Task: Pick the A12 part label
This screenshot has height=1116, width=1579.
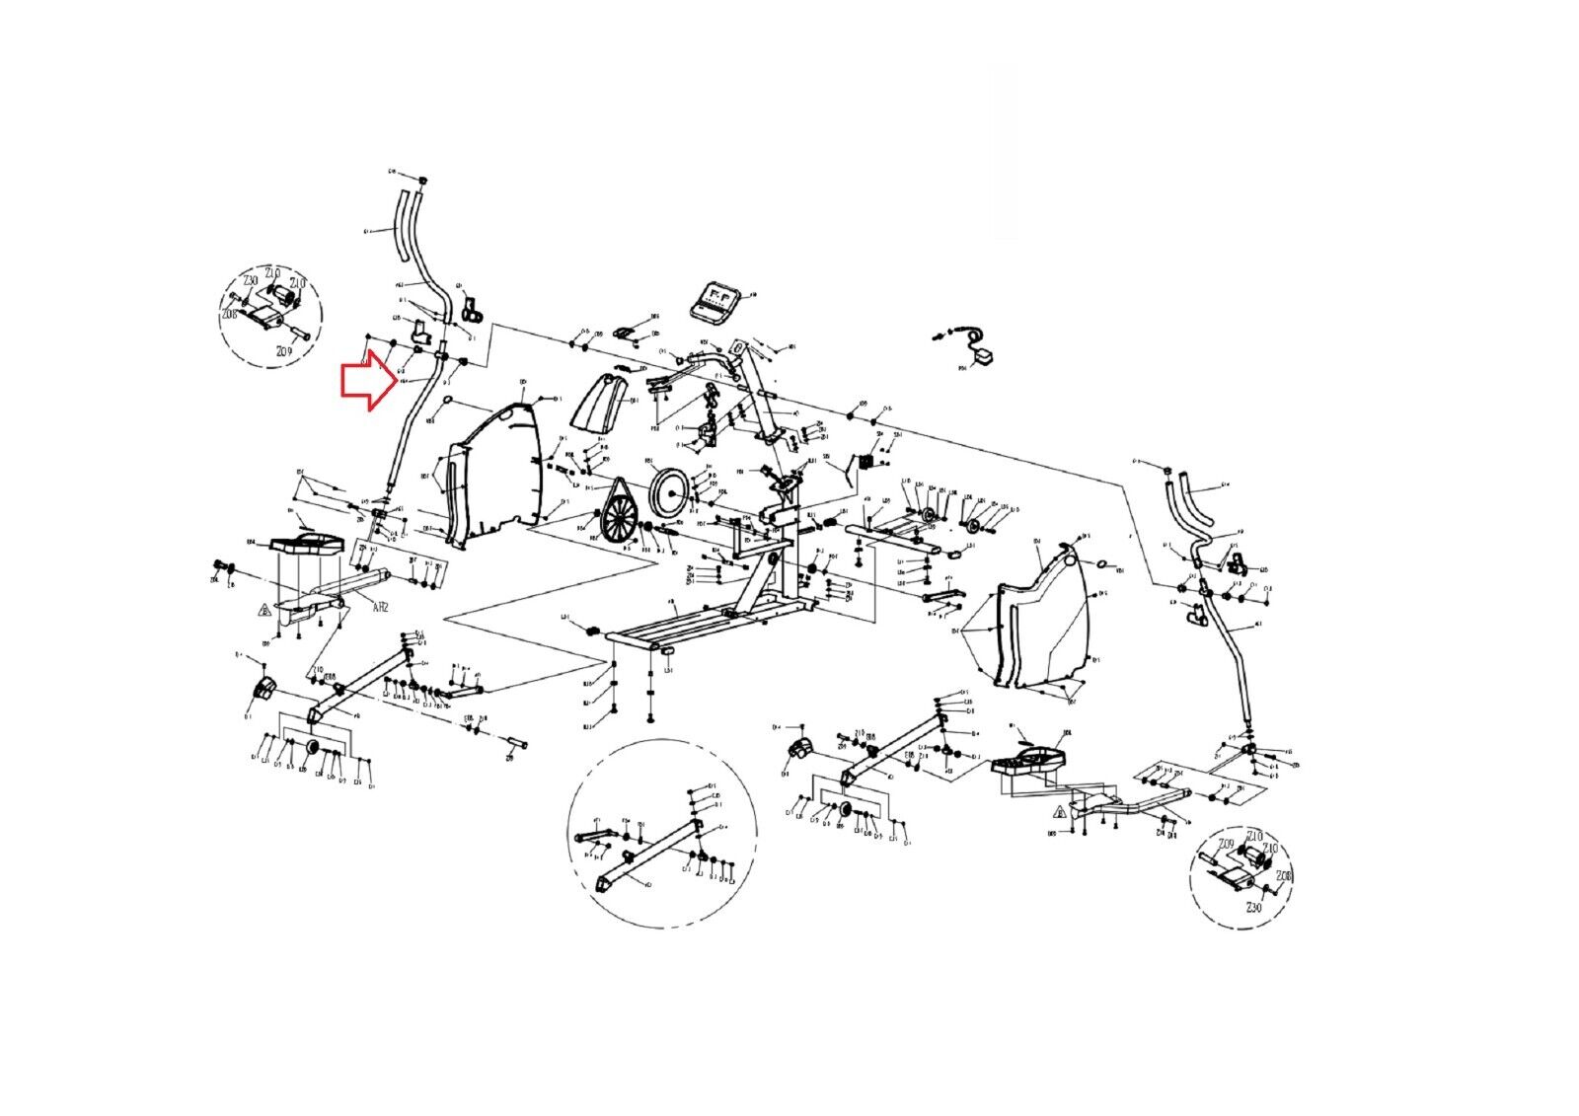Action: pos(381,609)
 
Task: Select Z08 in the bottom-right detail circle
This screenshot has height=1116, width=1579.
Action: pos(1284,876)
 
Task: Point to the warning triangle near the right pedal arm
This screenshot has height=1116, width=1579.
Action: pos(1058,813)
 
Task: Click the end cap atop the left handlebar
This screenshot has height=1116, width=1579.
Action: pos(422,181)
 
